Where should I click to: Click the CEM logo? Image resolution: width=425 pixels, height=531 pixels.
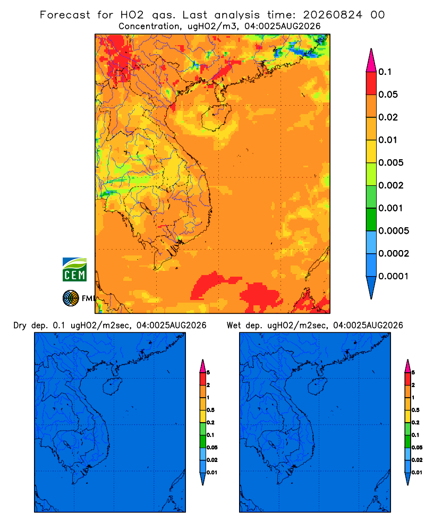pyautogui.click(x=74, y=270)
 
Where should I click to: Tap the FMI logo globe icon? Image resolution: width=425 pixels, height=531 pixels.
pyautogui.click(x=71, y=298)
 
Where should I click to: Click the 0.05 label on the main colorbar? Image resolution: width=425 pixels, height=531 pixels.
pyautogui.click(x=388, y=95)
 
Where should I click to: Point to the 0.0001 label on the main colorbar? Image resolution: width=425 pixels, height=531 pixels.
pyautogui.click(x=394, y=276)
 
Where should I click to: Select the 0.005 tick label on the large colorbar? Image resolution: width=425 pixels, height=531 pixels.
pyautogui.click(x=391, y=162)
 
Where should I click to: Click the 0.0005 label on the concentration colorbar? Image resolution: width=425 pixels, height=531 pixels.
pyautogui.click(x=394, y=231)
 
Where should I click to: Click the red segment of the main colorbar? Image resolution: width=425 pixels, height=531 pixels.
pyautogui.click(x=371, y=83)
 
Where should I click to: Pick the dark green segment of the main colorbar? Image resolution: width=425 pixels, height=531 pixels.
pyautogui.click(x=371, y=219)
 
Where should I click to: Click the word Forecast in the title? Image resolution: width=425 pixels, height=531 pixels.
pyautogui.click(x=65, y=15)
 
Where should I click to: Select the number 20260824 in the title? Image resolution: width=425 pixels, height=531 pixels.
pyautogui.click(x=333, y=15)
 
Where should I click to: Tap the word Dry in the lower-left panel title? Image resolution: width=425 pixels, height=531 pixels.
pyautogui.click(x=20, y=326)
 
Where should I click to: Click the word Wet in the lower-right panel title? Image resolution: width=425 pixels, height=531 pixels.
pyautogui.click(x=234, y=326)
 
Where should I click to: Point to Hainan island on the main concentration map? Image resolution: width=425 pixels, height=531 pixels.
pyautogui.click(x=216, y=117)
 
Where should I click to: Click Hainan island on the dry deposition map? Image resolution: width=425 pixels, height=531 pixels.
pyautogui.click(x=112, y=387)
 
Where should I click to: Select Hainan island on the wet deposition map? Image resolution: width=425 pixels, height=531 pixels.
pyautogui.click(x=318, y=387)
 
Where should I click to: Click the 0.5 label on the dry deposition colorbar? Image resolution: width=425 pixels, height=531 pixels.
pyautogui.click(x=210, y=410)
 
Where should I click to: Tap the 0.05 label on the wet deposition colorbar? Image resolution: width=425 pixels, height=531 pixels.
pyautogui.click(x=417, y=447)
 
